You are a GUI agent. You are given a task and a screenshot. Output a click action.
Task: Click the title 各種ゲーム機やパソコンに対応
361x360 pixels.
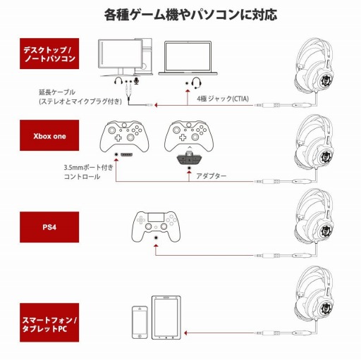click(x=180, y=13)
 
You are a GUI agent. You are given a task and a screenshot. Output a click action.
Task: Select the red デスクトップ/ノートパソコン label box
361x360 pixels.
click(x=47, y=56)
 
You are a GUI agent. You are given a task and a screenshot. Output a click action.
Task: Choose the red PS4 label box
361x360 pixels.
click(x=47, y=228)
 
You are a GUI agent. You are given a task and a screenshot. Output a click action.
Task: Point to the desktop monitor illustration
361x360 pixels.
click(x=123, y=58)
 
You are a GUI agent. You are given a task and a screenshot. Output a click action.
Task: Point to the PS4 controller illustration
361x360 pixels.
click(x=156, y=225)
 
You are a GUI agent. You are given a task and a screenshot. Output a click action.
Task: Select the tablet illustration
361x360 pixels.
click(x=165, y=315)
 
